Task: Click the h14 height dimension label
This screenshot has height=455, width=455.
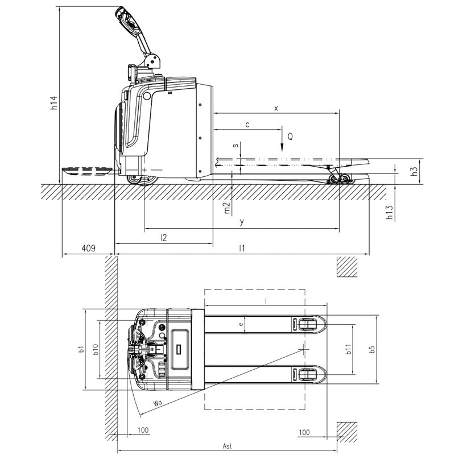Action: (x=54, y=103)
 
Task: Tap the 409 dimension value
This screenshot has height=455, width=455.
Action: (x=88, y=248)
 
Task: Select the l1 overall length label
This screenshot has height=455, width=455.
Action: (x=242, y=248)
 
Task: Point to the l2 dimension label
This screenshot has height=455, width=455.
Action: (x=164, y=238)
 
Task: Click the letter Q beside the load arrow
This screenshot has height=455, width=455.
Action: (x=290, y=136)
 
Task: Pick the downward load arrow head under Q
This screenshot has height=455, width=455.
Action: (x=282, y=147)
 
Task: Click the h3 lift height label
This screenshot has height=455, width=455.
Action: (x=415, y=171)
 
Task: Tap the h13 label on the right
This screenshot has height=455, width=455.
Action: (x=389, y=212)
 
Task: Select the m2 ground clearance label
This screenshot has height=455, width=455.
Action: (x=227, y=208)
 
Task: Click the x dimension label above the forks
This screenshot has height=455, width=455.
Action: (x=276, y=109)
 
